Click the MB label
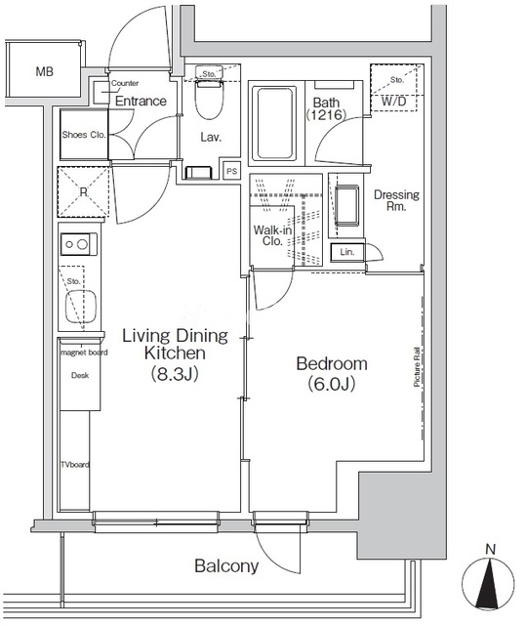tap(44, 71)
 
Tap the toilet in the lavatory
tap(209, 99)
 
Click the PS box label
tap(231, 172)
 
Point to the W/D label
tap(393, 102)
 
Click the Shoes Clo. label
tap(84, 135)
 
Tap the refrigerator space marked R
tap(83, 192)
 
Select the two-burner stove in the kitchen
tap(78, 244)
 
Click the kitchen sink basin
tap(80, 306)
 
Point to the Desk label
tap(80, 375)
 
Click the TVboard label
tap(75, 465)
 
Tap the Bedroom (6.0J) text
tap(332, 373)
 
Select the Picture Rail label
tap(417, 367)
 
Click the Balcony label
tap(226, 566)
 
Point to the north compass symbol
tap(488, 582)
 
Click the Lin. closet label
tap(346, 252)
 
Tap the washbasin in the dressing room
tap(346, 203)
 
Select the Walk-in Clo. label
tap(272, 235)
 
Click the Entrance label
tap(141, 101)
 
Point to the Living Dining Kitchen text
tap(176, 345)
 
